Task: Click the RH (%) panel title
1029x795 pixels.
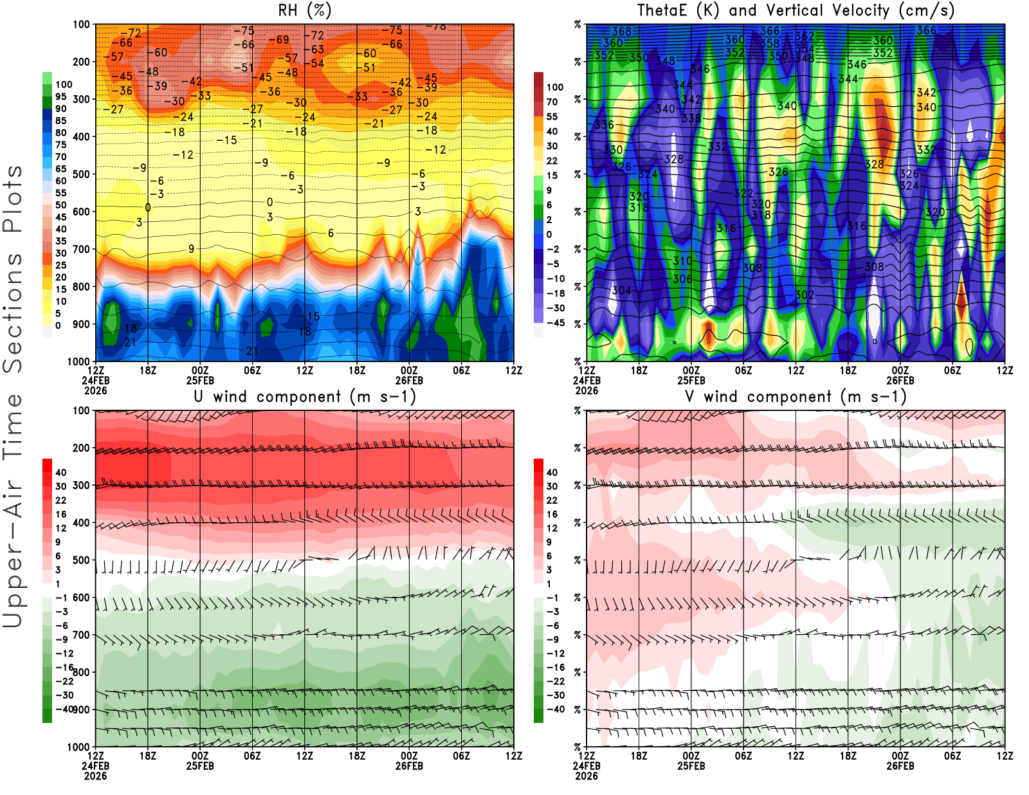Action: click(304, 11)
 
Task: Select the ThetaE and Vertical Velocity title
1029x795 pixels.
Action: click(796, 11)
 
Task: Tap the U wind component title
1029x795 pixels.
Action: click(305, 397)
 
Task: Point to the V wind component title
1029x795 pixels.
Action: click(796, 397)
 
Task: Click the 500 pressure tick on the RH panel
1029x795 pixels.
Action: click(81, 174)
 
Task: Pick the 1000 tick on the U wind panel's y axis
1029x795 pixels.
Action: click(78, 747)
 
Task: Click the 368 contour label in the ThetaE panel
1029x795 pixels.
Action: click(621, 31)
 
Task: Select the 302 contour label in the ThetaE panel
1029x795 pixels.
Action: click(805, 295)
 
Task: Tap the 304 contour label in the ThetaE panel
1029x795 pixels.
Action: click(621, 291)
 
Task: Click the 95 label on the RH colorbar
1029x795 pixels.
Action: click(60, 96)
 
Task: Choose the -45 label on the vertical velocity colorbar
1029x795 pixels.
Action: click(556, 323)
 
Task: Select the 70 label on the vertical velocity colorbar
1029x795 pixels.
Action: click(552, 102)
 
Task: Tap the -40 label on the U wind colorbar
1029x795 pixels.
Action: click(64, 709)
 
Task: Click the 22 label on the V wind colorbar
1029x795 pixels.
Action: click(552, 500)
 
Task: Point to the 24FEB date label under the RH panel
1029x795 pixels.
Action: click(95, 380)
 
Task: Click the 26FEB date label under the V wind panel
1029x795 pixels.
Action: click(900, 766)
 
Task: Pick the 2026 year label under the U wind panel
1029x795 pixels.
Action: click(95, 776)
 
